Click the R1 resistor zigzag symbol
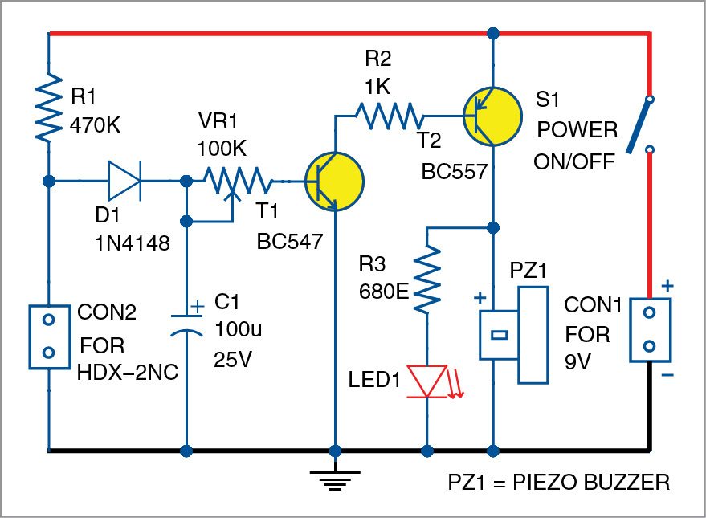pos(50,107)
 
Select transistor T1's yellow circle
pos(334,181)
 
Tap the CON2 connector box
pos(49,336)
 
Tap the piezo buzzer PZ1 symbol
pos(514,333)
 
